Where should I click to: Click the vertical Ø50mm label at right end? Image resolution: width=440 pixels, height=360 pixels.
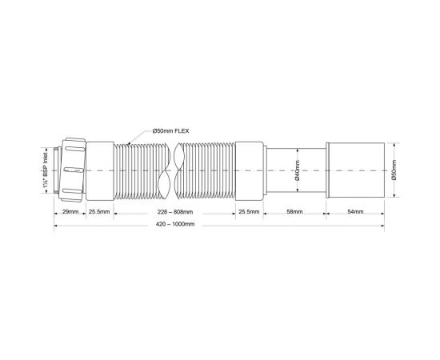click(394, 171)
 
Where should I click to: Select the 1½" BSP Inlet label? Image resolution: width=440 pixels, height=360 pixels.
click(46, 171)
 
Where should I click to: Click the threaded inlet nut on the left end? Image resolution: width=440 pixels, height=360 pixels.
click(70, 170)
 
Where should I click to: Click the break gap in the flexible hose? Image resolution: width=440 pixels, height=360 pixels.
click(172, 170)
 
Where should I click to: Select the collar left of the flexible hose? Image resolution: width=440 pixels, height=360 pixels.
click(100, 170)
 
